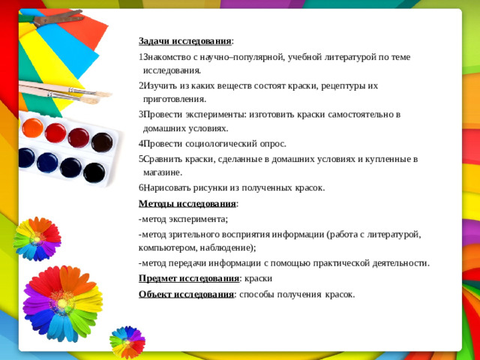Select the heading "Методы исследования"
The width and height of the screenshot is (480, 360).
pyautogui.click(x=187, y=203)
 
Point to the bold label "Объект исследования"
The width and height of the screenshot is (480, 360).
pyautogui.click(x=186, y=293)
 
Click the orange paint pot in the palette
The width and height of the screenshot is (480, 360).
pyautogui.click(x=33, y=127)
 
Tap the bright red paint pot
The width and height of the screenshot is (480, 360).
pyautogui.click(x=55, y=133)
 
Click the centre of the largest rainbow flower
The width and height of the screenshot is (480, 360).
pyautogui.click(x=61, y=304)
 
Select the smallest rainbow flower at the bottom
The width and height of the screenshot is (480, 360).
pyautogui.click(x=127, y=341)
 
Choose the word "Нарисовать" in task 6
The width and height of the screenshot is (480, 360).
pyautogui.click(x=167, y=187)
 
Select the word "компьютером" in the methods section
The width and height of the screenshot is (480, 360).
pyautogui.click(x=165, y=247)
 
